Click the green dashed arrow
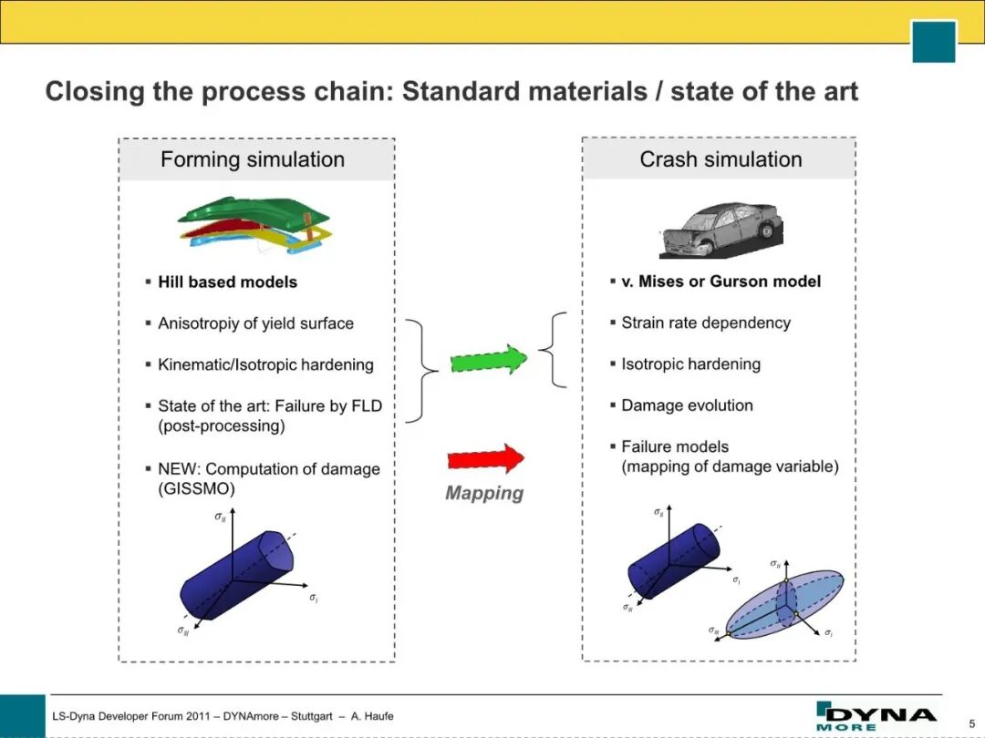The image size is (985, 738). tap(489, 360)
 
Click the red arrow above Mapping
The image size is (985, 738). tap(485, 458)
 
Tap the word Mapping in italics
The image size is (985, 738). tap(484, 493)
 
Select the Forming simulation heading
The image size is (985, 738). tap(253, 159)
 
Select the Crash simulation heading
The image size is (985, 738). tap(721, 159)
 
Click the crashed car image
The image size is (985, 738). tap(721, 230)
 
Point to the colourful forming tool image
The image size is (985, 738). tap(254, 225)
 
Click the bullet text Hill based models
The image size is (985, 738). tap(227, 282)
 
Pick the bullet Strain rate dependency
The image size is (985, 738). tap(705, 323)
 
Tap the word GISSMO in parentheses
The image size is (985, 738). tap(196, 489)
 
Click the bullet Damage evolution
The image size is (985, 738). tap(687, 405)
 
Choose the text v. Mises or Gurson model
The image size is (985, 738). tap(721, 282)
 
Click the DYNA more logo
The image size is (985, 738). tap(876, 716)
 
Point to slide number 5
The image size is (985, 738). tap(972, 723)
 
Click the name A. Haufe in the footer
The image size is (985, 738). tap(372, 716)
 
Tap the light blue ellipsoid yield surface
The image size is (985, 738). tap(784, 604)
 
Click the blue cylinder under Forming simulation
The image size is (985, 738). tap(236, 576)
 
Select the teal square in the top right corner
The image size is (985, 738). tap(934, 41)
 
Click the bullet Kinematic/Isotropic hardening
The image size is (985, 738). tap(265, 364)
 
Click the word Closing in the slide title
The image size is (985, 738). tap(95, 92)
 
